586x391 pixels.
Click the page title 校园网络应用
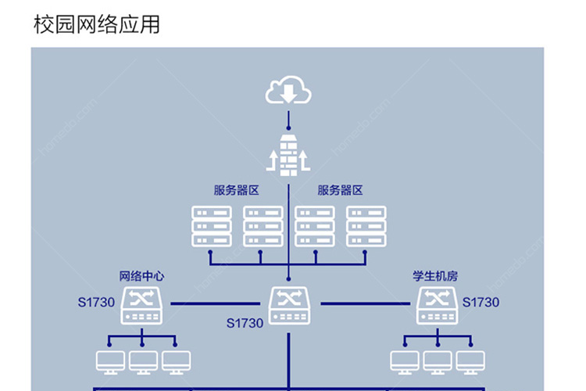97,24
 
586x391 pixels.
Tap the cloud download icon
288,90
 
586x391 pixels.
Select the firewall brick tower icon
288,156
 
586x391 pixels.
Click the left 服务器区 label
236,190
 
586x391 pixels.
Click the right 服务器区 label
340,190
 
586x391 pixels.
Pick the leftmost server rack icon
212,226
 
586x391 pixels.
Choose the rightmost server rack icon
366,226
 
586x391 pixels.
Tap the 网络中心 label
141,276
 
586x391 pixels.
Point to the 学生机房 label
435,276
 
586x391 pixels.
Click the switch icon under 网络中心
141,305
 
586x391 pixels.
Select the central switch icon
289,305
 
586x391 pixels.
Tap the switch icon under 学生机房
438,305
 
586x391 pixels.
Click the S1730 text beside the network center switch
96,303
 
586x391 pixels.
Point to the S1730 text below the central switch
245,323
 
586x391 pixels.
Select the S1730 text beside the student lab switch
481,303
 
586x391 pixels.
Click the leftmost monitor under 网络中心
110,362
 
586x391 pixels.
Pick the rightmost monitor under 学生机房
470,362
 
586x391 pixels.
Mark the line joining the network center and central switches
216,304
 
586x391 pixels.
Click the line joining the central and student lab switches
365,304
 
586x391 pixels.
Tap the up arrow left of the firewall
273,160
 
